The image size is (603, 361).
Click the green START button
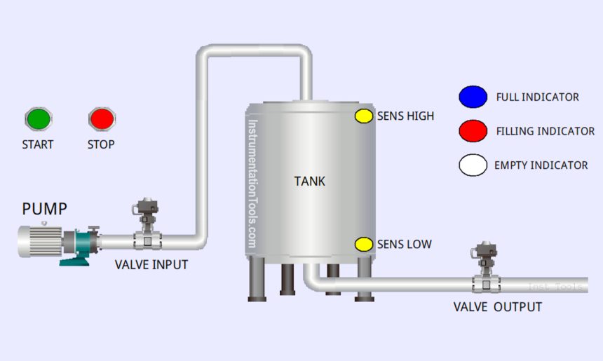point(39,118)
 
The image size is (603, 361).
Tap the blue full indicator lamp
point(473,97)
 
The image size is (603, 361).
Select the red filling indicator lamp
point(473,130)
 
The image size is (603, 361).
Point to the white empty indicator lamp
point(473,165)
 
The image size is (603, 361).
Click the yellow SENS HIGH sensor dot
point(364,116)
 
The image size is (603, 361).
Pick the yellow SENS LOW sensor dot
point(364,245)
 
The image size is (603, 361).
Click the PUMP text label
point(45,209)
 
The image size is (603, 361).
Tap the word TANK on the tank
point(309,182)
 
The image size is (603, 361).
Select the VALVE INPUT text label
point(151,265)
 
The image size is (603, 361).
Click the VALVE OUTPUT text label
point(497,307)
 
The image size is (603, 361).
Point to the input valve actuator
point(147,208)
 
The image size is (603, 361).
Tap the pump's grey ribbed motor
point(41,242)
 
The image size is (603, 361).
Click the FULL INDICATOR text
point(537,97)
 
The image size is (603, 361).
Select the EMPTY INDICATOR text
point(541,165)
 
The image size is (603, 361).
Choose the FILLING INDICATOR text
point(545,131)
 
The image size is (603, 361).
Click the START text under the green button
point(38,144)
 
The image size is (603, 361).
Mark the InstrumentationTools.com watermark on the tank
point(252,183)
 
